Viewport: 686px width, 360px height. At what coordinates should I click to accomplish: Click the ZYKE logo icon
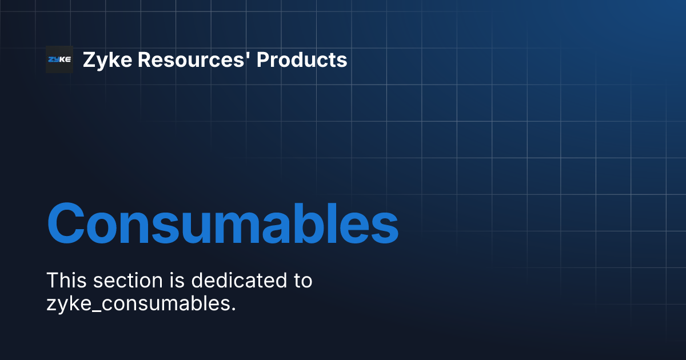coord(59,59)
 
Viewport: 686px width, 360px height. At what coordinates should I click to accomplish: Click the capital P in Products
coord(262,59)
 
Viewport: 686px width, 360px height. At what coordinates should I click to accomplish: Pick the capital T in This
coord(51,281)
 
